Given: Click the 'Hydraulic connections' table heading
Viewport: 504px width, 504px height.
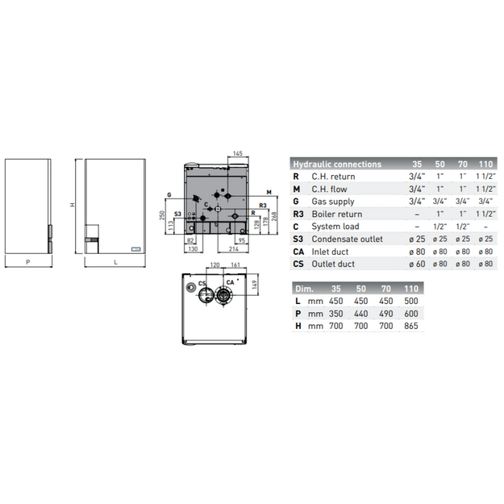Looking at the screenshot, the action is tap(337, 165).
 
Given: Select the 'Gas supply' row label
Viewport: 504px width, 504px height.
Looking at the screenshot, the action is tap(333, 202).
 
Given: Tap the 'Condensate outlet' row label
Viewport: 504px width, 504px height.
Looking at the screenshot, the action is tap(347, 240).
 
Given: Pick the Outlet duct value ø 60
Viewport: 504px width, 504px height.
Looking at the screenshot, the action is tap(417, 264).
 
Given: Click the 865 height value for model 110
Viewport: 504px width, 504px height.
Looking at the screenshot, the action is tap(411, 326).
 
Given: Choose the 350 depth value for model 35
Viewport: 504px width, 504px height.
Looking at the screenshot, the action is tap(336, 314).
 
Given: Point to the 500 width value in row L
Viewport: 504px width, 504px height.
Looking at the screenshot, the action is tap(411, 301).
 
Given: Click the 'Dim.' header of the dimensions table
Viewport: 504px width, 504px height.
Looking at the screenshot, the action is tap(304, 289).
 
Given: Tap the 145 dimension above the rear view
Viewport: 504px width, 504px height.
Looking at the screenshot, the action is tap(238, 153).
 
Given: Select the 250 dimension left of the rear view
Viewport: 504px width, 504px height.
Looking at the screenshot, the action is tap(162, 215).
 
